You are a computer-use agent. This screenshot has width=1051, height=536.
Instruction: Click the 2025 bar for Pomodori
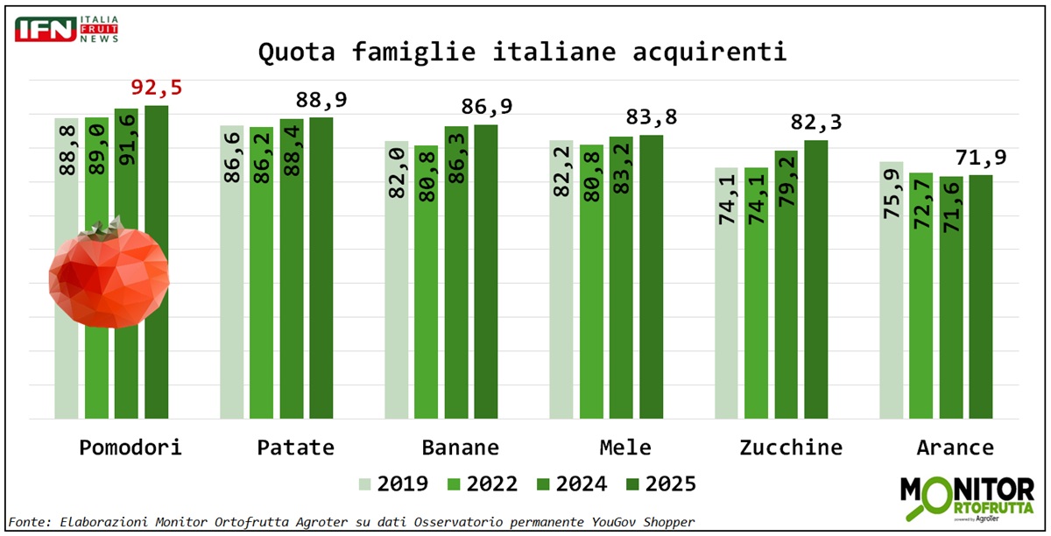[x=157, y=263]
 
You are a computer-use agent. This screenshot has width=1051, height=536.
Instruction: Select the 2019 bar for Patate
[x=232, y=272]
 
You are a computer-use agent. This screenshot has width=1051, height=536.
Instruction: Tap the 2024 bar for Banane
[x=456, y=272]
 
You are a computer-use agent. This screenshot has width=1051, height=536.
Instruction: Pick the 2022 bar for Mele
[x=591, y=281]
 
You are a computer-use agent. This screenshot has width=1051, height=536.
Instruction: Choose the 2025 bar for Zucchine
[x=815, y=279]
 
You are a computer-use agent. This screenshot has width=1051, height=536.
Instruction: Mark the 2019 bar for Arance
[x=891, y=290]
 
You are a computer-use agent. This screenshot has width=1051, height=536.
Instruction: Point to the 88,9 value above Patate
[x=322, y=100]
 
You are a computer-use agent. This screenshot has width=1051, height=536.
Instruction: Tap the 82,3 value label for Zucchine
[x=816, y=123]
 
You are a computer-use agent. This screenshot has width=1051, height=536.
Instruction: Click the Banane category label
[x=461, y=448]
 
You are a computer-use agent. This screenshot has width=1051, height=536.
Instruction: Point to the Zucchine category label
[x=791, y=448]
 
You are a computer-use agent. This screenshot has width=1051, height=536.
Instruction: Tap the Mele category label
[x=625, y=448]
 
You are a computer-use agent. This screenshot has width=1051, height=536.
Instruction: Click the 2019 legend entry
[x=393, y=484]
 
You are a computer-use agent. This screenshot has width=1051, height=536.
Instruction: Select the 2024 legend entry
[x=573, y=484]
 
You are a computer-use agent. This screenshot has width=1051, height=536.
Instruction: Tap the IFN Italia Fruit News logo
[x=67, y=29]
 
